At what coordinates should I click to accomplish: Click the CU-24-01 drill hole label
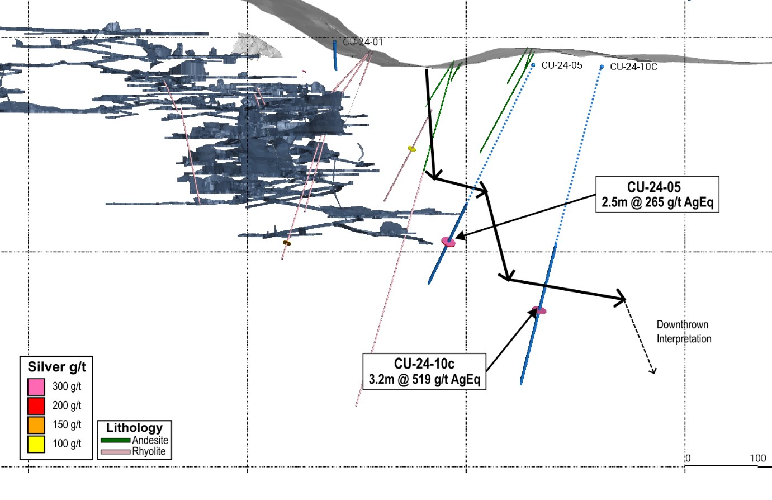point(363,42)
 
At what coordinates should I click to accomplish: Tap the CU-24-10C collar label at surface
point(633,67)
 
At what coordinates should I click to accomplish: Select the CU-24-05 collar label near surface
point(562,65)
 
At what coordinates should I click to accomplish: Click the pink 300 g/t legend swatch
point(36,386)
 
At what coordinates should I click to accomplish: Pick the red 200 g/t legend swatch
point(36,405)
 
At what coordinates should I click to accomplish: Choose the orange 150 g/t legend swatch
point(36,425)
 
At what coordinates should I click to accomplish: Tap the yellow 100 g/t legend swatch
point(36,444)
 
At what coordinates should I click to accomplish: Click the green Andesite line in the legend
point(116,441)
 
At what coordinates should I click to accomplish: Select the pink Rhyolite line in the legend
point(116,451)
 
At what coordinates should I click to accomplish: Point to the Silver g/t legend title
point(56,367)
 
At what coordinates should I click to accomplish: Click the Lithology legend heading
point(134,428)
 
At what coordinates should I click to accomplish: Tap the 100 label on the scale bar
point(757,458)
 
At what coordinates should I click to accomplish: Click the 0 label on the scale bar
point(688,458)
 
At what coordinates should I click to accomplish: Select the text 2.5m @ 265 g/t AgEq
point(657,202)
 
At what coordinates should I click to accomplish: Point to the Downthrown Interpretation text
point(684,332)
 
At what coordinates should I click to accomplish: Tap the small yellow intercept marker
point(412,149)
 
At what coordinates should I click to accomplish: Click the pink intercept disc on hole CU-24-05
point(448,242)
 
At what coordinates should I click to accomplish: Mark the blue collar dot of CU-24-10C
point(602,67)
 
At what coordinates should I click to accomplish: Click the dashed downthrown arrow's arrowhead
point(652,371)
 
